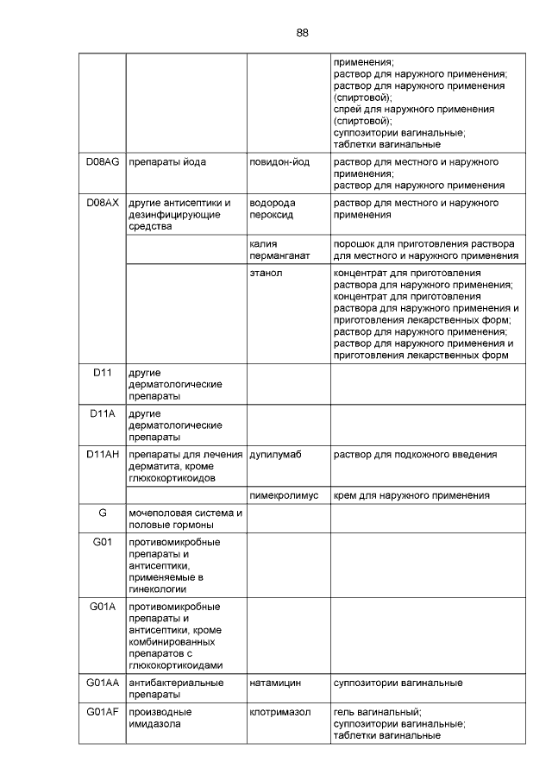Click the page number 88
point(302,33)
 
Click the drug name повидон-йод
point(281,161)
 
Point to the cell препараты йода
point(167,161)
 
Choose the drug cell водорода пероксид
point(273,209)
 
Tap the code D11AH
point(103,454)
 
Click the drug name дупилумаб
point(275,454)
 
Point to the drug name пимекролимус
point(285,495)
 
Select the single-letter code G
point(103,513)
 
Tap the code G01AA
point(103,683)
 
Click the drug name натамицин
point(275,683)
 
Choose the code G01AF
point(103,712)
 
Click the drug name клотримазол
point(279,712)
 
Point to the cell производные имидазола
point(160,718)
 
